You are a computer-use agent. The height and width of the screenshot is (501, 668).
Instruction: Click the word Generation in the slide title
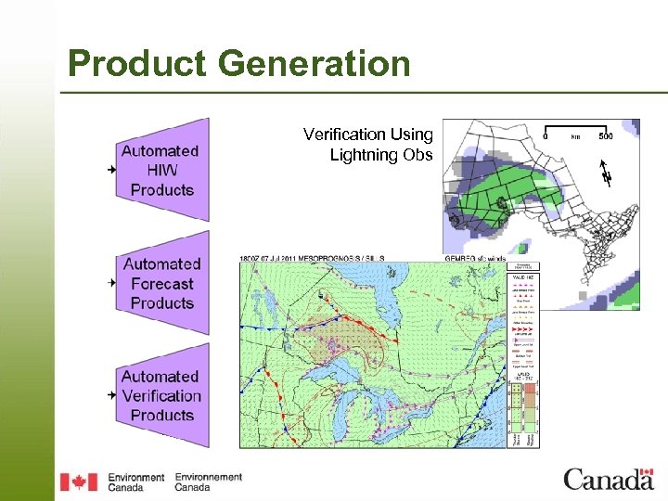click(x=315, y=64)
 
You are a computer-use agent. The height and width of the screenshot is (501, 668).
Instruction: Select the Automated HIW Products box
click(x=161, y=170)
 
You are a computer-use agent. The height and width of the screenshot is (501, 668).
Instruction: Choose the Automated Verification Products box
click(x=161, y=396)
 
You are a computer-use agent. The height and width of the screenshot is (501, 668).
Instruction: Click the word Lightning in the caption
click(x=366, y=155)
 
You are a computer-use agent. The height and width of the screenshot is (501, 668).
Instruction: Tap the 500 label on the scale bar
click(x=605, y=136)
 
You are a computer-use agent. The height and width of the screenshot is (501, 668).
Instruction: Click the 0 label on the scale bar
click(x=546, y=136)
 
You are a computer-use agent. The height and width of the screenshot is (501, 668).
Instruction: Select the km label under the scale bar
click(x=575, y=136)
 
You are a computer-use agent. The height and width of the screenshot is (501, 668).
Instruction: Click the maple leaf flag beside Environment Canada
click(x=78, y=482)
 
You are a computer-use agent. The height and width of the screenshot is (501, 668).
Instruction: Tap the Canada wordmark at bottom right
click(x=609, y=479)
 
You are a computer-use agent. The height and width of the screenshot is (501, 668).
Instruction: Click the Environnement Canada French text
click(x=208, y=482)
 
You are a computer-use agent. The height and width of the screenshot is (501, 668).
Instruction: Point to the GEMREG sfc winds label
click(x=473, y=257)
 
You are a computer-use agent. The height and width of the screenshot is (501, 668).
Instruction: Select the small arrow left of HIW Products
click(x=111, y=170)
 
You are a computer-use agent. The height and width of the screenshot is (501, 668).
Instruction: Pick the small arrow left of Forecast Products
click(x=111, y=281)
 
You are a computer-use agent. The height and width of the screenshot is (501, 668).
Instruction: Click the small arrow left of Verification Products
click(x=111, y=393)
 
